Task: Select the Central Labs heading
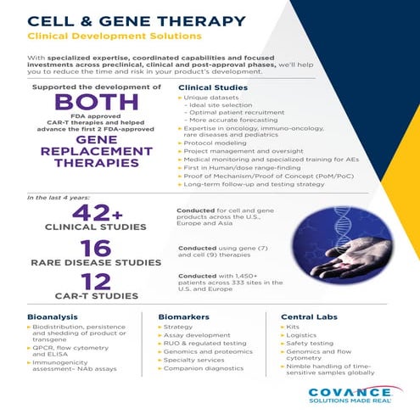point(309,316)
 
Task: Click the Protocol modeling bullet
point(216,142)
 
